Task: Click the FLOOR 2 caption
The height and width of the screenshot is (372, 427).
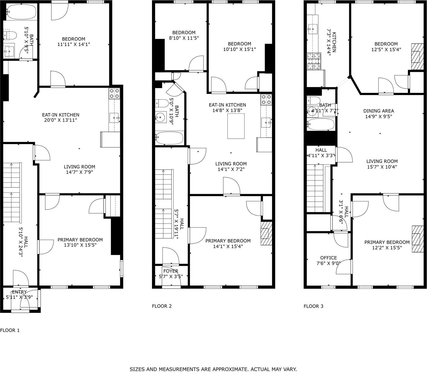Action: [162, 306]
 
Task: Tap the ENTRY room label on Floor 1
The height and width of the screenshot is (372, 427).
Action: [19, 292]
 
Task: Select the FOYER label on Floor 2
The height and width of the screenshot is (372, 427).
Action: [171, 271]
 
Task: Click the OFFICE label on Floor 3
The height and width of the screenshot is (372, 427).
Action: [329, 258]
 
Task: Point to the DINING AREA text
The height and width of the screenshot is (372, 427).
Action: [379, 111]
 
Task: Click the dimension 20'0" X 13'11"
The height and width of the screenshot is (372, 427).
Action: [61, 120]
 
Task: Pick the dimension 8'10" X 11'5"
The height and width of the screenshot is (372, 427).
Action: [184, 38]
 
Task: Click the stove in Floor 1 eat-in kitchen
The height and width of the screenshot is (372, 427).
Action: [114, 93]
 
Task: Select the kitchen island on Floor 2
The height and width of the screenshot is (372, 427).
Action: [236, 126]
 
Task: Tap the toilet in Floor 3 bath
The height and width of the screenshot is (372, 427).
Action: [314, 100]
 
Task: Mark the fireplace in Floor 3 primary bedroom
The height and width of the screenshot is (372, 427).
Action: [416, 239]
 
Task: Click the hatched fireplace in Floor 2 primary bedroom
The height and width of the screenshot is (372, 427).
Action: [266, 234]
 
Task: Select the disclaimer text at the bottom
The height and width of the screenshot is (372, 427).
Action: [213, 369]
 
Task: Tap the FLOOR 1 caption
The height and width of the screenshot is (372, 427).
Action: [10, 330]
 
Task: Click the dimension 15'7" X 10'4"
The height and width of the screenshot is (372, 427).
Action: [382, 167]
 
